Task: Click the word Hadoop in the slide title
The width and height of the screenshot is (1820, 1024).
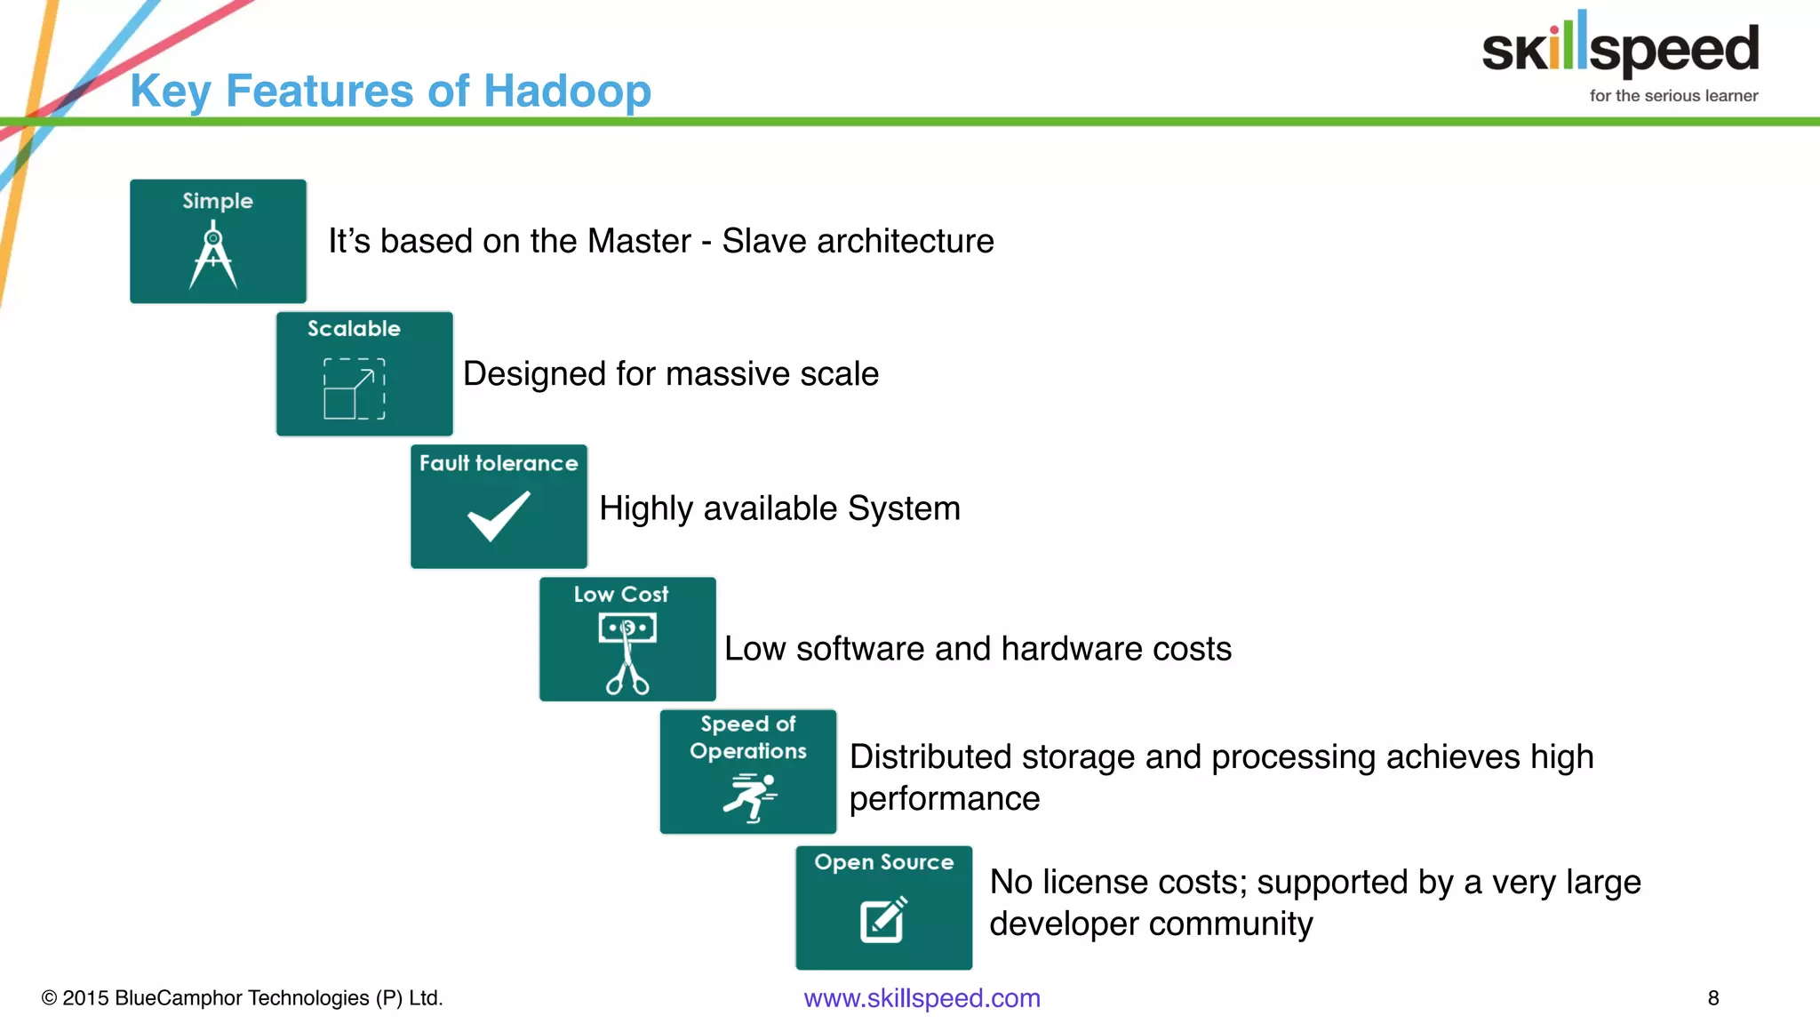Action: click(x=567, y=92)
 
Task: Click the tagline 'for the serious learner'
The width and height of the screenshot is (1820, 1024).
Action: click(x=1673, y=96)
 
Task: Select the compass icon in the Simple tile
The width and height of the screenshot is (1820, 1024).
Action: click(x=213, y=257)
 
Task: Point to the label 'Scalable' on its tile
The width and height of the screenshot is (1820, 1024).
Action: click(x=354, y=329)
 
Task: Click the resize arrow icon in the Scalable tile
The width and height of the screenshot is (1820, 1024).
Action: click(x=355, y=388)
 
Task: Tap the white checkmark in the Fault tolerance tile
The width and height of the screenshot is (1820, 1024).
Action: click(x=499, y=516)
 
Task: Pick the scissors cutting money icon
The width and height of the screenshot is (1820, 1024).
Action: click(x=627, y=652)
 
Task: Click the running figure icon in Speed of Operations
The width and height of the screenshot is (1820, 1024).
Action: click(x=750, y=796)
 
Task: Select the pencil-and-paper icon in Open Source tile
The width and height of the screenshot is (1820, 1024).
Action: click(x=883, y=919)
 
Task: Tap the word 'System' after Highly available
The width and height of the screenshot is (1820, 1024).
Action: click(x=904, y=509)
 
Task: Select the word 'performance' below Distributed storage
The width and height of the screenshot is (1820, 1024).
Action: click(x=944, y=799)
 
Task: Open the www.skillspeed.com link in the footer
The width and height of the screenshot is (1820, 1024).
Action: click(x=922, y=998)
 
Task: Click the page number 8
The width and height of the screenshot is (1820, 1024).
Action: click(x=1713, y=998)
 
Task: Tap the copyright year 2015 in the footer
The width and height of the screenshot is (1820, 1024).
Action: click(x=86, y=998)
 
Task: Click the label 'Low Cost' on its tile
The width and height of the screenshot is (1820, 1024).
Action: click(x=620, y=595)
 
